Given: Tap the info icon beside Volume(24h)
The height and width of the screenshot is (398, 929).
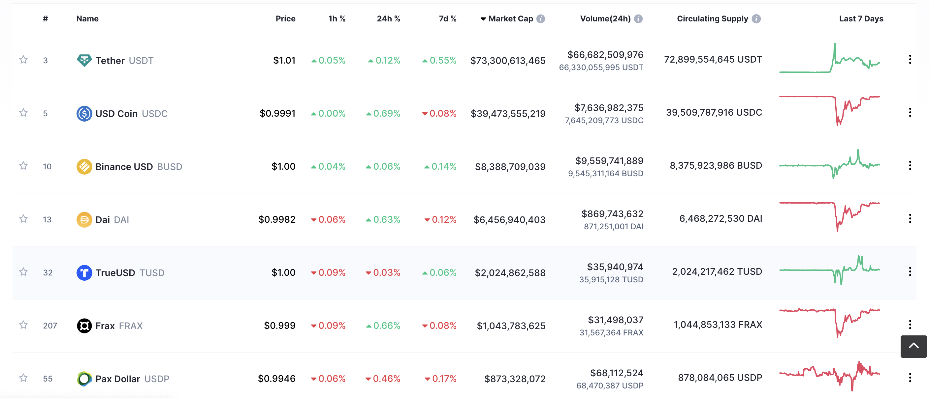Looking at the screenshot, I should tap(638, 19).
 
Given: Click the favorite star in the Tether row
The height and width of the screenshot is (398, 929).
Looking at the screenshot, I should tap(23, 59).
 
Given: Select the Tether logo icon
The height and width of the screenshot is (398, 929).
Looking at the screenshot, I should tap(84, 60).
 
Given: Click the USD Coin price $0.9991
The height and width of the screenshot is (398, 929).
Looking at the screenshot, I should tap(277, 113).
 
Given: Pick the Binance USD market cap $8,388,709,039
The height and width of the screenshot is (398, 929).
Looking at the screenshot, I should tap(510, 166).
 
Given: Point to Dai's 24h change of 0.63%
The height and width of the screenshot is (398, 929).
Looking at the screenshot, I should tap(383, 219).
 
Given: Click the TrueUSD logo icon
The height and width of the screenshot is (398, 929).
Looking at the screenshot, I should tap(84, 273).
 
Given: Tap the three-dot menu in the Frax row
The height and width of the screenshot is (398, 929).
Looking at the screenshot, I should tap(910, 325).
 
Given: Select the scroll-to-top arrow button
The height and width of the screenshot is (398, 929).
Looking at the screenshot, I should tap(913, 347).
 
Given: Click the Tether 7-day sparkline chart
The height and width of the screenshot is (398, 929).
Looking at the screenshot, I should tap(829, 59).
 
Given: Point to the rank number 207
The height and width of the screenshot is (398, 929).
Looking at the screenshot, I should tap(50, 326).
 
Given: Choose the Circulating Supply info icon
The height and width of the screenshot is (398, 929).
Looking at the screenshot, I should tap(756, 19).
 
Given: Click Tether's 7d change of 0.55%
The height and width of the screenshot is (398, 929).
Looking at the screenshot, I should tap(440, 60).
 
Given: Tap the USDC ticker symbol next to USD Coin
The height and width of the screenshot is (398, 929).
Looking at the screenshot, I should tap(155, 113).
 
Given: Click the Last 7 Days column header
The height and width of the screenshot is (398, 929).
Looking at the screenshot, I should tap(861, 19).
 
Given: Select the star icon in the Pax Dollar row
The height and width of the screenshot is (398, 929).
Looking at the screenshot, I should tap(23, 378).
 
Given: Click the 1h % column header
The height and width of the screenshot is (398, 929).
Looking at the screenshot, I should tap(336, 19).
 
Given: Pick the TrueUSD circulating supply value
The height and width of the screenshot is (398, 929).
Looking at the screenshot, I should tap(717, 271).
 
